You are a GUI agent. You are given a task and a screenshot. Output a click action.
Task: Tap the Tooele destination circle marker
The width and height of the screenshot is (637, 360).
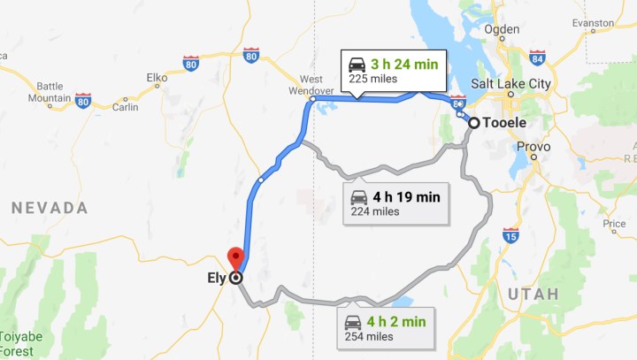coord(474,123)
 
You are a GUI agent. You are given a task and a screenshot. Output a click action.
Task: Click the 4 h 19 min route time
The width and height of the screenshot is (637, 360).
coord(406,195)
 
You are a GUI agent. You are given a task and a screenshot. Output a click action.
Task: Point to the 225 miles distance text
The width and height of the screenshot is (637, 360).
coord(372,79)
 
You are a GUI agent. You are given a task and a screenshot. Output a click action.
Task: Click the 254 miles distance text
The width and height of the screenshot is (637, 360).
coord(371,337)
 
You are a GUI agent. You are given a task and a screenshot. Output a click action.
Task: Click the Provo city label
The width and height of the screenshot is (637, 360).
coord(533,147)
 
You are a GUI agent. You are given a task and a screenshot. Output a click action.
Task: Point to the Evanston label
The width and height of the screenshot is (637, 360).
coord(593,22)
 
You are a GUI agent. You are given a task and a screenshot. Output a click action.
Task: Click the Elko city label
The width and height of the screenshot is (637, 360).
coord(157,78)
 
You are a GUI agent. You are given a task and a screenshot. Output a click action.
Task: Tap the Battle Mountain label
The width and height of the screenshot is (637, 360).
coord(50,91)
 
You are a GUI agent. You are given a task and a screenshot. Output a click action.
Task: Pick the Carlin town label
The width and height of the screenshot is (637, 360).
coord(126,107)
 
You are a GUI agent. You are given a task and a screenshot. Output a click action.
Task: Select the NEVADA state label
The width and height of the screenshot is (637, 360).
coord(50,209)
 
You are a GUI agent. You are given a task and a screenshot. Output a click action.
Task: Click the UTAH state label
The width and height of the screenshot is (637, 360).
coord(533,293)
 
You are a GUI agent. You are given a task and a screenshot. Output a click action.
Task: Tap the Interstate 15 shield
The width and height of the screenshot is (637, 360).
coord(510,235)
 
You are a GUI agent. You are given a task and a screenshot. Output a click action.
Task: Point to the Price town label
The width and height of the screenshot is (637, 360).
coord(614,224)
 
